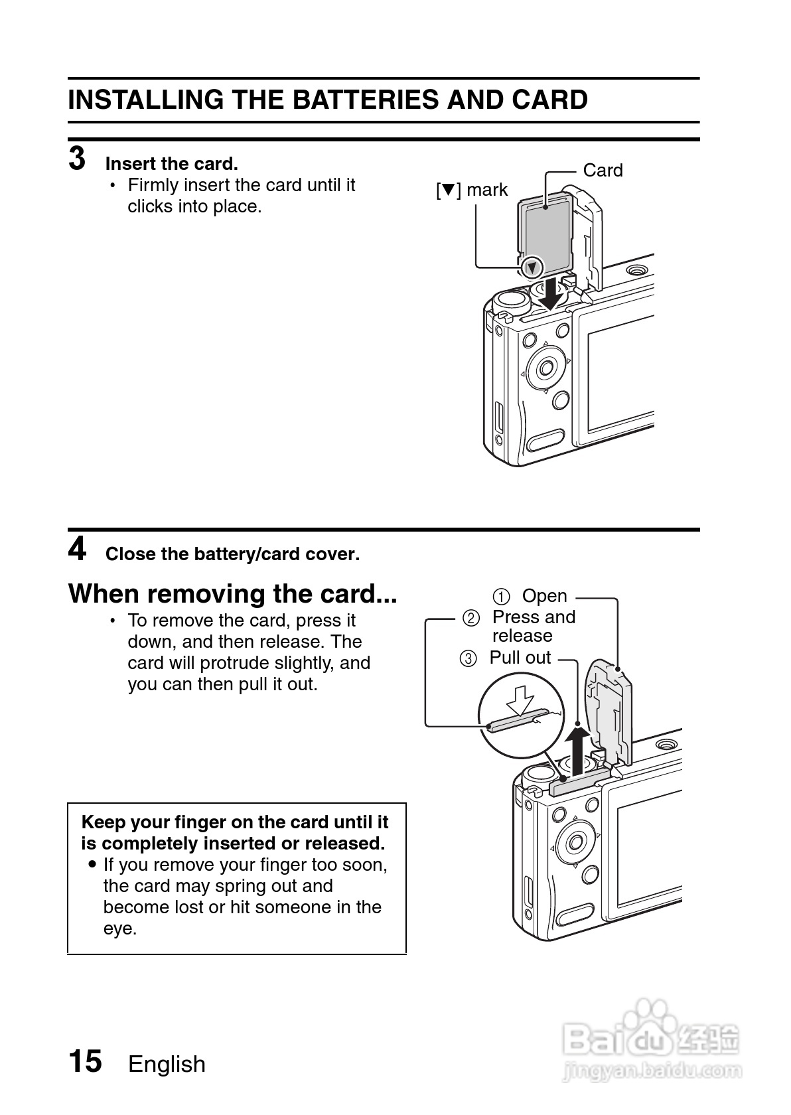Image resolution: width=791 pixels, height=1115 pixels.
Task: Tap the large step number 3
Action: [77, 159]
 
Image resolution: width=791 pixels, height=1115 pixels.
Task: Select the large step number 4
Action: [77, 550]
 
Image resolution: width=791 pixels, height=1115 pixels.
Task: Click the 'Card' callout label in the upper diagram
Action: [603, 171]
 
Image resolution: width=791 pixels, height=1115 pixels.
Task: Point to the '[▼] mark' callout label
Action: [472, 190]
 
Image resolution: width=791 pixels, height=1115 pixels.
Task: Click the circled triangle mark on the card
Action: [532, 268]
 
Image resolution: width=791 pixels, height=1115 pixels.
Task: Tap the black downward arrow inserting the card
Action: [550, 294]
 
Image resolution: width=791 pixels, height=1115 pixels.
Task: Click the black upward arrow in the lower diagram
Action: [578, 750]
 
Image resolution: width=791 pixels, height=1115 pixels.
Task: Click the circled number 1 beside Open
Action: [502, 597]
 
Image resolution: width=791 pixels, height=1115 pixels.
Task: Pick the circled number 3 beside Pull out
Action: [468, 659]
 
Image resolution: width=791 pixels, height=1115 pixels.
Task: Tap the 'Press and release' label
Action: [533, 627]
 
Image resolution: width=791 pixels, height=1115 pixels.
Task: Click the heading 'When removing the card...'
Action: [232, 593]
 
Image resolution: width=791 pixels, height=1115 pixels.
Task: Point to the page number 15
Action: [86, 1061]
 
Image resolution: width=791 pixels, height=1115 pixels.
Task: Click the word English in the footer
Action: [167, 1065]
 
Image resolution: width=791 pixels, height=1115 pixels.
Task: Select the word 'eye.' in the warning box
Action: [120, 929]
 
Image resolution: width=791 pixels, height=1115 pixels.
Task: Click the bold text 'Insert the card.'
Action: [171, 164]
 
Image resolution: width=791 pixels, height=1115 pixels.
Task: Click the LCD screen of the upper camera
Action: [620, 378]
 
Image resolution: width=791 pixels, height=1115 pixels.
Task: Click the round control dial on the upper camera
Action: [547, 366]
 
